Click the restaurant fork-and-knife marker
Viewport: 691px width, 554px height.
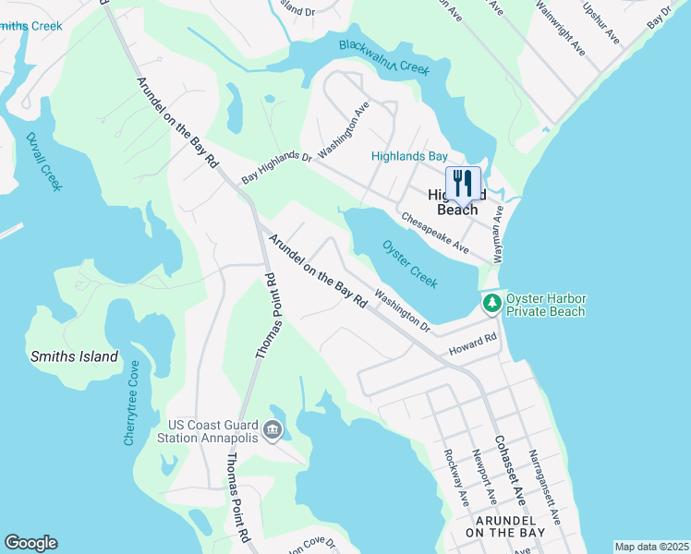[x=463, y=182]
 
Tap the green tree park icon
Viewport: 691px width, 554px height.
[x=492, y=303]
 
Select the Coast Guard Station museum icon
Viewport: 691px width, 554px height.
[x=272, y=430]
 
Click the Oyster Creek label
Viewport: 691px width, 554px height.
[x=408, y=263]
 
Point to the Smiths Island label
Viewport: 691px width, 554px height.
[x=74, y=356]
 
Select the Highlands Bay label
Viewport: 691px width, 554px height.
[x=409, y=157]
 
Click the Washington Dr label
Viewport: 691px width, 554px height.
[x=404, y=313]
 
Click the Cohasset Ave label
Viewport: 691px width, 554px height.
[x=508, y=469]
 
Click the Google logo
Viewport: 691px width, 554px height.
[x=31, y=543]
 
